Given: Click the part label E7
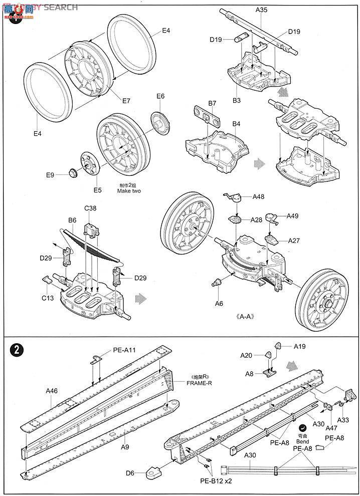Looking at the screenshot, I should click(x=126, y=101).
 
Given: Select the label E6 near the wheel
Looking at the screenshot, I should click(x=160, y=96).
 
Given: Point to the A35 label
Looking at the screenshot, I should click(x=261, y=10).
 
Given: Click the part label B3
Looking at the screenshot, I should click(x=236, y=101).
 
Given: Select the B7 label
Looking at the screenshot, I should click(x=212, y=103).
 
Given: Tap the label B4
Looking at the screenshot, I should click(x=236, y=123).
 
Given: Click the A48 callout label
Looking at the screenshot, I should click(x=258, y=197).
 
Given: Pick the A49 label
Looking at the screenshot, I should click(x=292, y=216).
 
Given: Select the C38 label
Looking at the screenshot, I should click(x=90, y=207).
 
